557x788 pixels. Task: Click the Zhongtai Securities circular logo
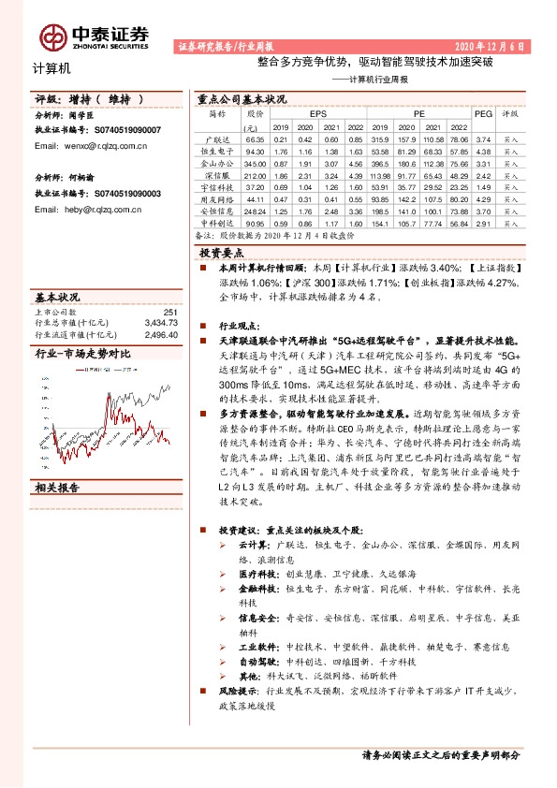[x=54, y=36]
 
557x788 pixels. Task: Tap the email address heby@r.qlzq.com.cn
[x=87, y=209]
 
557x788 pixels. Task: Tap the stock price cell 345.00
[x=254, y=163]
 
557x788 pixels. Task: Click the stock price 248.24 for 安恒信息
[x=254, y=212]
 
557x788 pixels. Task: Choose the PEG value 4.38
[x=482, y=151]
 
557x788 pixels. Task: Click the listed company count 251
[x=170, y=313]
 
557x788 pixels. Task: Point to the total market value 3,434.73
[x=160, y=323]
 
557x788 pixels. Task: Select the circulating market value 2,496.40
[x=160, y=334]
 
